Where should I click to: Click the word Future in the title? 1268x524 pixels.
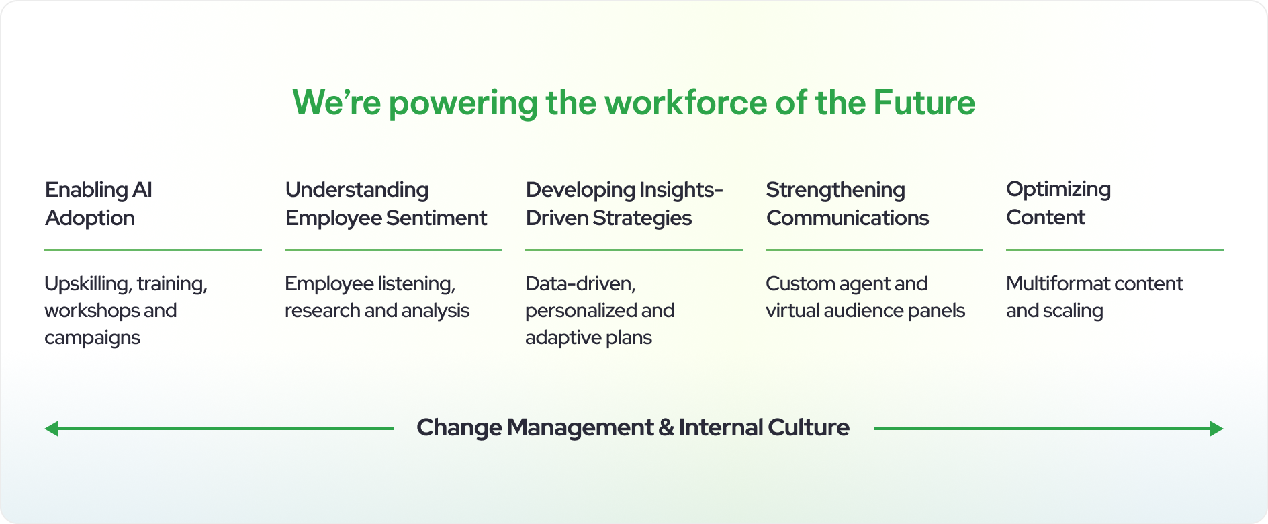924,103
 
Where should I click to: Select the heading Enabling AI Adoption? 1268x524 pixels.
99,204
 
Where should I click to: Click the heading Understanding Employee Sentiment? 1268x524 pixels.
386,204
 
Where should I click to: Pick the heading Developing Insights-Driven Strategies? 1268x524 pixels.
625,204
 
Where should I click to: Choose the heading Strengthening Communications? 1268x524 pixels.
848,204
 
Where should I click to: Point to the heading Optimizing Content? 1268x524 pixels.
1058,204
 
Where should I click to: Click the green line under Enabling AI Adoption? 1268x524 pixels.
153,250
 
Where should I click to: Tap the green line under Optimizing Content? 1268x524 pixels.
1115,250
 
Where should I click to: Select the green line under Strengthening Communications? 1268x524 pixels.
874,250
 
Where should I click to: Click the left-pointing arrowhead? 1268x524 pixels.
51,429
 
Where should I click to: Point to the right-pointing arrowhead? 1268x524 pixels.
1217,429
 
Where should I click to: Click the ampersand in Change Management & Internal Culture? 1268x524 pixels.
666,428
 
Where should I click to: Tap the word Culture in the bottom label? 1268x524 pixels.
809,428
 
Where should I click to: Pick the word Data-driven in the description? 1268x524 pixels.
580,284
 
